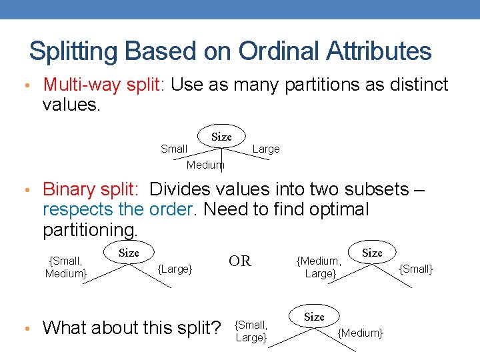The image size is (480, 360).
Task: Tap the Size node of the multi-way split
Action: [x=221, y=137]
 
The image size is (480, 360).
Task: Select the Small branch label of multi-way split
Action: [x=174, y=149]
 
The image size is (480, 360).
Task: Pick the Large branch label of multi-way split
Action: [x=266, y=149]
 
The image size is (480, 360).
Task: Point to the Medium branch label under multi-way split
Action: [x=205, y=165]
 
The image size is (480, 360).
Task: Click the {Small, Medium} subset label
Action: [x=66, y=267]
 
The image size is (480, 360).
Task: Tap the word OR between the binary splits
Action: [x=240, y=261]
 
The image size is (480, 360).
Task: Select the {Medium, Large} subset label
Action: [x=319, y=267]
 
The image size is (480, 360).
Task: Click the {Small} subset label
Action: [x=416, y=269]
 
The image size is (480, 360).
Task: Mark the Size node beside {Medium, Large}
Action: [x=372, y=253]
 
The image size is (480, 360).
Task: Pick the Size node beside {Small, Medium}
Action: [x=129, y=253]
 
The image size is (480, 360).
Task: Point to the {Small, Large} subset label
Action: [x=251, y=331]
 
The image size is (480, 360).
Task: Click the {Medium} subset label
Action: [x=361, y=333]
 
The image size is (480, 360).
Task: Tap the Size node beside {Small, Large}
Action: [x=314, y=317]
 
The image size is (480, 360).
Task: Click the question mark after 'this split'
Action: [x=215, y=327]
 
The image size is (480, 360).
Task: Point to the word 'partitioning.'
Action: [x=90, y=230]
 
